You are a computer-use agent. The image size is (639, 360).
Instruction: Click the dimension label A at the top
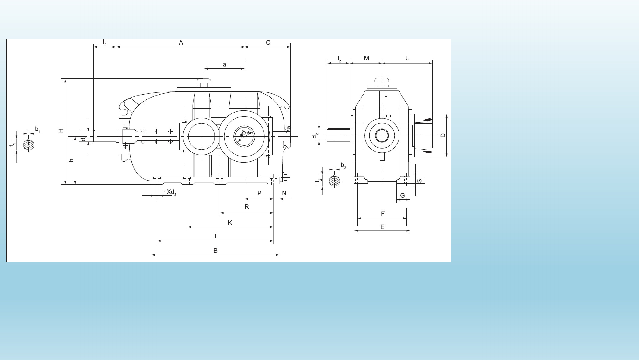pos(181,43)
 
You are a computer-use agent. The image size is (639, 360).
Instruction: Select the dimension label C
pos(268,43)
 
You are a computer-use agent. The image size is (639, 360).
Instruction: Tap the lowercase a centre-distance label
pos(224,65)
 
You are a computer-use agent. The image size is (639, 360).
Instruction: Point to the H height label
pos(61,130)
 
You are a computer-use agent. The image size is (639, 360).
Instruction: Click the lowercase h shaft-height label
pos(71,160)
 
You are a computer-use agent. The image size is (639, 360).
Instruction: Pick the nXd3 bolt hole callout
pos(170,192)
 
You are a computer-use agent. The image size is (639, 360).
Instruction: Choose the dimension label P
pos(260,193)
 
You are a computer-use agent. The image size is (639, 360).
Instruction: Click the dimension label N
pos(284,193)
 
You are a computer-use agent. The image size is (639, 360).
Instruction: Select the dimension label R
pos(247,207)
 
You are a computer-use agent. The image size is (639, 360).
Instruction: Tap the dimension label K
pos(230,223)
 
